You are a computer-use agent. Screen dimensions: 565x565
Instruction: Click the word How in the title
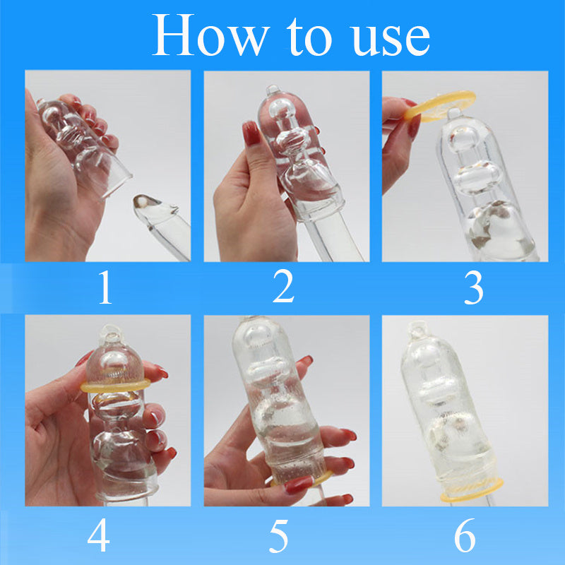tap(210, 35)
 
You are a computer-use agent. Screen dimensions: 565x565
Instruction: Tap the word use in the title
tap(391, 39)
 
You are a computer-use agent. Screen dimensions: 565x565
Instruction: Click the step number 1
tap(105, 287)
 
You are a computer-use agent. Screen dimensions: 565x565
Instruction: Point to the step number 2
tap(283, 285)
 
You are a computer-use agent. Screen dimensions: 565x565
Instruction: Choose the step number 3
tap(473, 287)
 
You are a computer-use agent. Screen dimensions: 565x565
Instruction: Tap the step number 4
tap(98, 535)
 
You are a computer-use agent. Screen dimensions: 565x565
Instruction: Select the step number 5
tap(278, 536)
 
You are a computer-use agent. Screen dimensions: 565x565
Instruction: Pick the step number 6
tap(465, 535)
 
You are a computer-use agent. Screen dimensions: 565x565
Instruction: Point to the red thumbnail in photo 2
tap(251, 133)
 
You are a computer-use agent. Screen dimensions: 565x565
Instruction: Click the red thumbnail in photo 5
tap(299, 484)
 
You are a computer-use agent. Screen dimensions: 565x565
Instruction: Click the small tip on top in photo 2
tap(273, 90)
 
